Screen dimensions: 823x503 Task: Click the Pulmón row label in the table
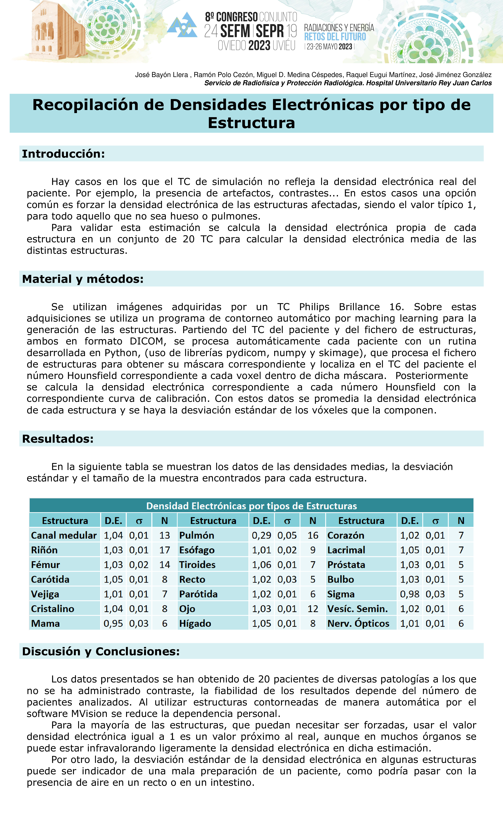197,535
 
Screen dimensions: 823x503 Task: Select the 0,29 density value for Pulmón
261,535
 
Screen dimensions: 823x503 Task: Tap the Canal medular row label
64,535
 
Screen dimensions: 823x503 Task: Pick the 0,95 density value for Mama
113,624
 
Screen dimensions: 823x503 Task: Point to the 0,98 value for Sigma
409,594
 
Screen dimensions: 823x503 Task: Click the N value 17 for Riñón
164,550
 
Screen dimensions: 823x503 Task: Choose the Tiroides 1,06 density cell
261,565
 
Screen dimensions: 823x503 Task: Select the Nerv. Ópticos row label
358,624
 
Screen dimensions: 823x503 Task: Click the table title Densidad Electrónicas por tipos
251,506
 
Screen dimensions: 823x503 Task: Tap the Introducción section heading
63,154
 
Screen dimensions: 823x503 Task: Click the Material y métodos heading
83,279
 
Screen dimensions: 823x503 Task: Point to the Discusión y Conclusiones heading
101,651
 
